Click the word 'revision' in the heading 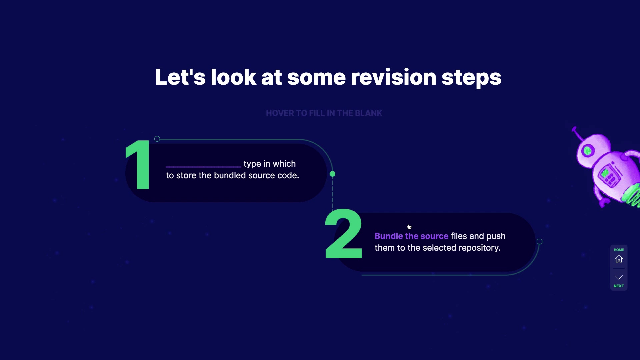point(393,77)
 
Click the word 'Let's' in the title point(180,77)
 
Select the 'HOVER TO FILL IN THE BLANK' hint point(324,113)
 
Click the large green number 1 point(138,165)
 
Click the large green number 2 point(344,234)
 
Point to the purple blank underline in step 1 point(203,166)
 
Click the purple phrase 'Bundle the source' point(411,236)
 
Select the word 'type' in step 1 point(252,164)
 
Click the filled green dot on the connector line point(332,174)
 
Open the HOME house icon point(619,259)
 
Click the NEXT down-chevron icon point(619,277)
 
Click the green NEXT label point(619,286)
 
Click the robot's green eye point(587,151)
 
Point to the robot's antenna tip point(574,129)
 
